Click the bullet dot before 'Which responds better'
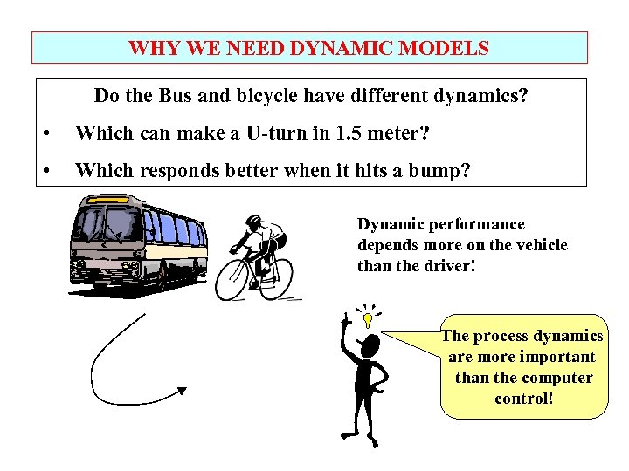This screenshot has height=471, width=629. (46, 171)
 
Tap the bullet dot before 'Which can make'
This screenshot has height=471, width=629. (46, 133)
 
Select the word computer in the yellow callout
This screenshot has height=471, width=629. (557, 378)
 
